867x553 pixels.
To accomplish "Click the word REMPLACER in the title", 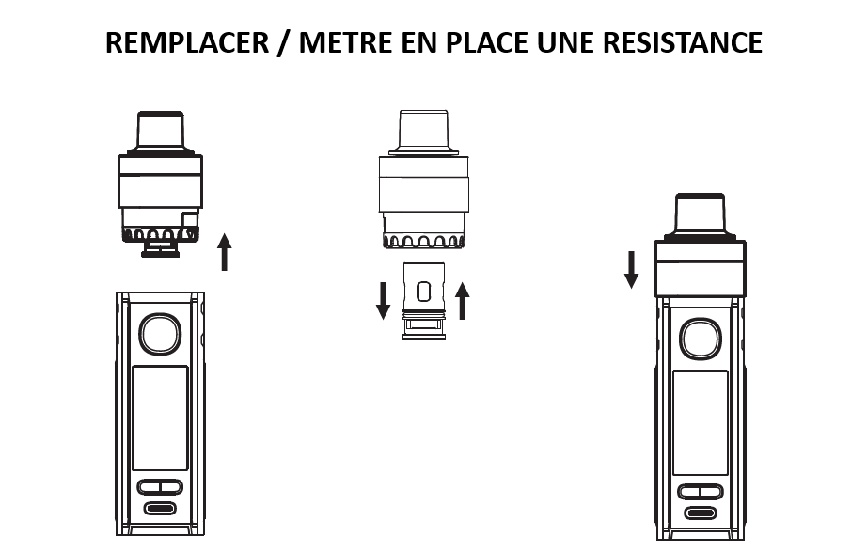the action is pyautogui.click(x=187, y=43).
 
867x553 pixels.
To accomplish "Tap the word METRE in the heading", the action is pyautogui.click(x=346, y=43).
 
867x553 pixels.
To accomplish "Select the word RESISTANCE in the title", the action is pyautogui.click(x=683, y=43).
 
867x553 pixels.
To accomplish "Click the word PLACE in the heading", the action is pyautogui.click(x=487, y=43).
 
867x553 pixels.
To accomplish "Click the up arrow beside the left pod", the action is pyautogui.click(x=224, y=252).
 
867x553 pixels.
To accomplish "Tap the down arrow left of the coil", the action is pyautogui.click(x=383, y=301).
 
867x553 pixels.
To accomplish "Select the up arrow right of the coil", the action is pyautogui.click(x=463, y=301).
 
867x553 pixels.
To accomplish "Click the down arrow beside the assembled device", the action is pyautogui.click(x=632, y=270).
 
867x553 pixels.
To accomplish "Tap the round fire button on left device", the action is pyautogui.click(x=160, y=334).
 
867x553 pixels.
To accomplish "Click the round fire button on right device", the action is pyautogui.click(x=701, y=339).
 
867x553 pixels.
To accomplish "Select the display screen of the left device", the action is pyautogui.click(x=160, y=419).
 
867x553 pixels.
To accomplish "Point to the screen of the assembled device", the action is pyautogui.click(x=701, y=422).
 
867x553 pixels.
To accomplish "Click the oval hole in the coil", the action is pyautogui.click(x=423, y=292).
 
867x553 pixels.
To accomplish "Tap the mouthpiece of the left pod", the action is pyautogui.click(x=161, y=132).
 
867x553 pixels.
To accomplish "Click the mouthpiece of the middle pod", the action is pyautogui.click(x=423, y=132).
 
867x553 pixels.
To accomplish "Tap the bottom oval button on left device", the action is pyautogui.click(x=160, y=508).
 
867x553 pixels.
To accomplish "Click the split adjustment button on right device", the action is pyautogui.click(x=701, y=492).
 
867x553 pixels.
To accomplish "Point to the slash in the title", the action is pyautogui.click(x=283, y=43).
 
